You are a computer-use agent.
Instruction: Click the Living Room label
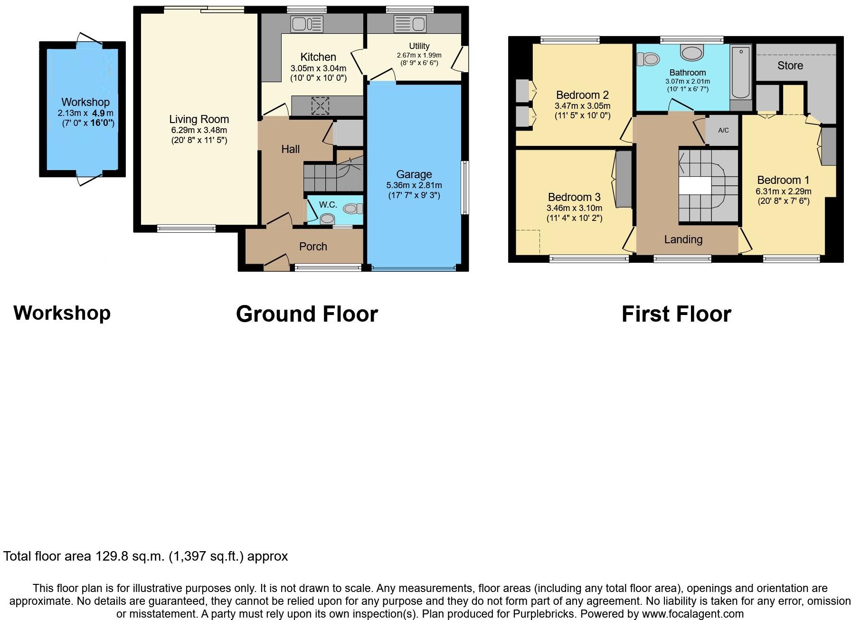pyautogui.click(x=199, y=119)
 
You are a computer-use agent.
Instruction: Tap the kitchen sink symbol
pyautogui.click(x=300, y=24)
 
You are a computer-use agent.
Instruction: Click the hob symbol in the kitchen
pyautogui.click(x=320, y=105)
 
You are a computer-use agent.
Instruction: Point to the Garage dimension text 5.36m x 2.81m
pyautogui.click(x=414, y=185)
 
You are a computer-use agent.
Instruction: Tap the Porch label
pyautogui.click(x=313, y=247)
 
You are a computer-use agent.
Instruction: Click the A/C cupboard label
pyautogui.click(x=723, y=130)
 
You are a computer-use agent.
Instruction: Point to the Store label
pyautogui.click(x=790, y=66)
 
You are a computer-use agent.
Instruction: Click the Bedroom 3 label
pyautogui.click(x=574, y=197)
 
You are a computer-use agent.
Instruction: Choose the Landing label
pyautogui.click(x=683, y=239)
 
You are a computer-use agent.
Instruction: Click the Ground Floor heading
pyautogui.click(x=307, y=314)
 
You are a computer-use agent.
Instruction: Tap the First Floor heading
pyautogui.click(x=676, y=314)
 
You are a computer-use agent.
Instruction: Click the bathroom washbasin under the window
pyautogui.click(x=692, y=52)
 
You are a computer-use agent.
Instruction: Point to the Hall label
pyautogui.click(x=290, y=149)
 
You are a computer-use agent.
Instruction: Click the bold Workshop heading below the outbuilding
pyautogui.click(x=62, y=313)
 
